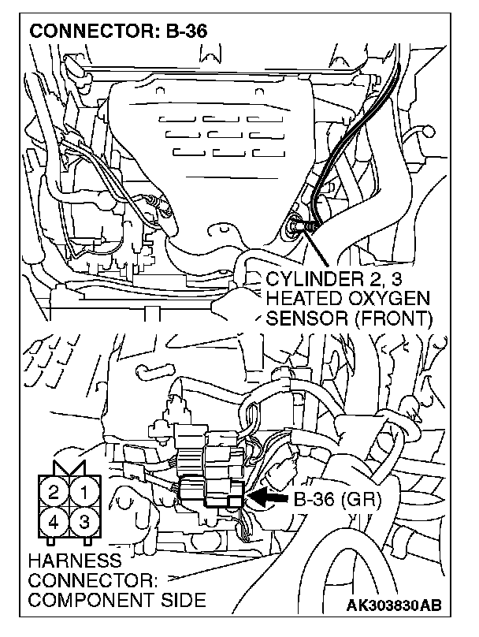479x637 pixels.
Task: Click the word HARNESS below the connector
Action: coord(74,562)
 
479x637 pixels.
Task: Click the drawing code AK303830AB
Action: coord(395,606)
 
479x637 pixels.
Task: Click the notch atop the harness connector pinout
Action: coord(69,471)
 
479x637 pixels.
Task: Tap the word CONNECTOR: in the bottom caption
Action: coord(93,581)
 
